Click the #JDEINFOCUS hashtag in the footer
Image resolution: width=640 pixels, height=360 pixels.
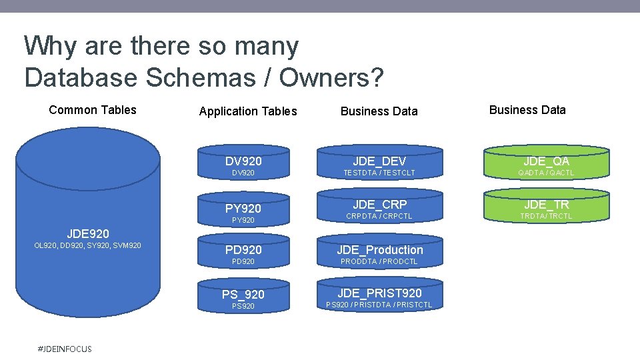point(65,349)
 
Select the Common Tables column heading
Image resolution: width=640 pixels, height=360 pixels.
point(93,110)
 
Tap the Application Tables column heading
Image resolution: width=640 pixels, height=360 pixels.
point(248,111)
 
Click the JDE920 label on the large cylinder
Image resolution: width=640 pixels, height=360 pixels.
point(88,233)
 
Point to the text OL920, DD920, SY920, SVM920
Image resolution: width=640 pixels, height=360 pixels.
point(87,246)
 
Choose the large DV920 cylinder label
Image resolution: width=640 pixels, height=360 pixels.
point(243,161)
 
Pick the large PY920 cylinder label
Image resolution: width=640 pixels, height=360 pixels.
point(243,209)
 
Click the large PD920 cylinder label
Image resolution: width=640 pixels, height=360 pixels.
point(243,250)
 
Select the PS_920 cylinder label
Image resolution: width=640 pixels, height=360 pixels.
point(243,294)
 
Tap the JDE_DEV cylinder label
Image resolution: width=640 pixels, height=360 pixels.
point(379,161)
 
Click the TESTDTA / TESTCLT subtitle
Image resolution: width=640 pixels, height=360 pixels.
point(379,173)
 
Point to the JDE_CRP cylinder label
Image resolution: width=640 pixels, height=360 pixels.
point(379,204)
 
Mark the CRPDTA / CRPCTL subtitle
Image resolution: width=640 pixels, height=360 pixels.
point(379,216)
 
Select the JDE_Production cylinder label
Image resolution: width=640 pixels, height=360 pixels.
point(379,250)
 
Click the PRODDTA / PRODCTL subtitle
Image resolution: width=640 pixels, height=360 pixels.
point(379,261)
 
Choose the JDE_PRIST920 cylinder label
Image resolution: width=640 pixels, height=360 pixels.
point(379,293)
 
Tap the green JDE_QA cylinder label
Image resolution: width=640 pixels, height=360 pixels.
point(547,161)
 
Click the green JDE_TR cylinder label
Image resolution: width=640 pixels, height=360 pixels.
point(547,205)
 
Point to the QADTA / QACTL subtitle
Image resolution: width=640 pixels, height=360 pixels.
point(547,173)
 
